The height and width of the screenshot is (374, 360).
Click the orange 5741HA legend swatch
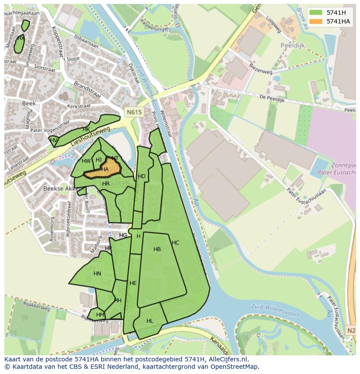tap(317, 21)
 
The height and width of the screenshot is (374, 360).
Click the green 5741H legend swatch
tap(317, 13)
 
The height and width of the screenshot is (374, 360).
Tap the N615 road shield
tap(134, 112)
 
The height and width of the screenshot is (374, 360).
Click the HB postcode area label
tap(157, 249)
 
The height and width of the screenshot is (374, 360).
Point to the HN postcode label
tap(97, 274)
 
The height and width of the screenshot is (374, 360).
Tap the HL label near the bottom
tap(150, 321)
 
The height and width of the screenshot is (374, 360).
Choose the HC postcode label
tap(175, 243)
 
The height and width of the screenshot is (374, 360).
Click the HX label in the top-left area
tap(20, 38)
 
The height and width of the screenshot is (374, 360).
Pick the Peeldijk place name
tap(293, 45)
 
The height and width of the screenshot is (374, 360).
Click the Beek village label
tap(29, 103)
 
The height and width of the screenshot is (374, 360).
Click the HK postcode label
tap(86, 129)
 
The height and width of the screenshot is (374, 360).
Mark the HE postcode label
tap(133, 283)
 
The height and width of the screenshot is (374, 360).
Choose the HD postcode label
tap(141, 176)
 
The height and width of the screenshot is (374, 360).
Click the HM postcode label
tap(100, 315)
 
